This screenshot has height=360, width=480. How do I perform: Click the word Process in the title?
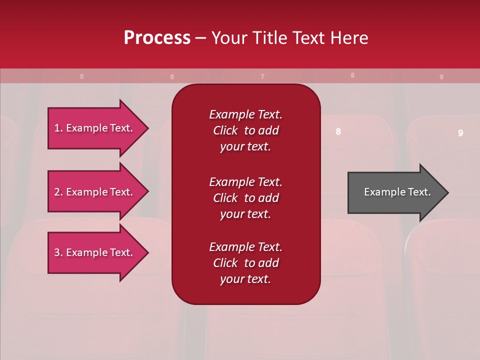coord(157,37)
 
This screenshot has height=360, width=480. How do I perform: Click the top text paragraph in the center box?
coord(245,130)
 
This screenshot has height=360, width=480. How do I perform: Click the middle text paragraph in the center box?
coord(245,198)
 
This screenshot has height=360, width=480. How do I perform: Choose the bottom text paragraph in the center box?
coord(245,263)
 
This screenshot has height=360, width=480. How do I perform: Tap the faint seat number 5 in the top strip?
coord(81,76)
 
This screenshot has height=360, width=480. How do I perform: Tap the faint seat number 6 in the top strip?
coord(172,77)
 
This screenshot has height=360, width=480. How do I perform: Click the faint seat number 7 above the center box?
coord(262,76)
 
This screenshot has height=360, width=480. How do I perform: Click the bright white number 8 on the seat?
coord(338,131)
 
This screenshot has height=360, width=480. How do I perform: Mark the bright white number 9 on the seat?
coord(460,133)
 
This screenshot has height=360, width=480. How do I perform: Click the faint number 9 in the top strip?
coord(441,77)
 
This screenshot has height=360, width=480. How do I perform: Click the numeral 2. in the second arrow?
coord(58,192)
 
